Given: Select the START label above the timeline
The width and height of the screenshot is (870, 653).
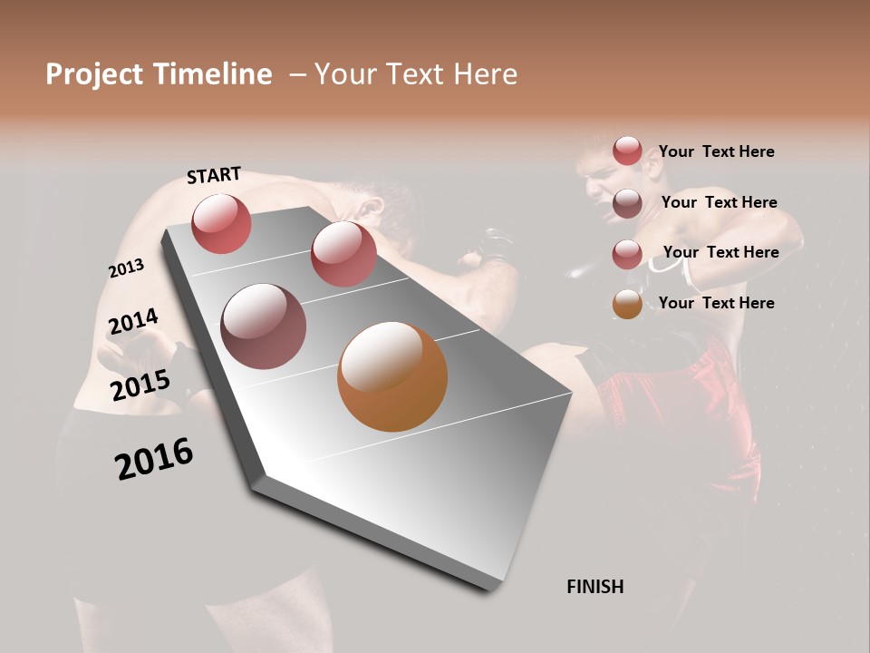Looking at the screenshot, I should tap(214, 175).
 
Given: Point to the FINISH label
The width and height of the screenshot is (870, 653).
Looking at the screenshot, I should tap(594, 587).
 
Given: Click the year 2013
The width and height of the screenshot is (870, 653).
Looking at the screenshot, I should tap(126, 268).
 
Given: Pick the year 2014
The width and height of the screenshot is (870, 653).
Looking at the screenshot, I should tap(133, 322).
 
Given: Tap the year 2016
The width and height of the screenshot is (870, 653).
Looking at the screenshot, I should tap(154, 459).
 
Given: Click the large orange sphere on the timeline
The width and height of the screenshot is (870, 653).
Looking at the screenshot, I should tap(392, 376).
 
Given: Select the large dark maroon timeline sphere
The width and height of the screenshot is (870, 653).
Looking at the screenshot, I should tap(263, 326).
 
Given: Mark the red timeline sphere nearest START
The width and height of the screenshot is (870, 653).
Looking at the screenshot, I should tap(221, 223).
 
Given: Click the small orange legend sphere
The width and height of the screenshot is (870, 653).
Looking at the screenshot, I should tap(627, 304).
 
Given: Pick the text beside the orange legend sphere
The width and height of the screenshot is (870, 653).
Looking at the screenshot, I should tap(716, 303).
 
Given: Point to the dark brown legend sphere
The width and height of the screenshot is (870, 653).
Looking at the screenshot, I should tap(627, 203).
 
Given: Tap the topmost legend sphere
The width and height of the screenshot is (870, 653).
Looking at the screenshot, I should tap(627, 151).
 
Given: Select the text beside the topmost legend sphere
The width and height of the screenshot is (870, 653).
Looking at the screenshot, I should tap(716, 151).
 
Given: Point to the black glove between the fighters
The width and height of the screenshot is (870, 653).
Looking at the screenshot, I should tap(495, 245).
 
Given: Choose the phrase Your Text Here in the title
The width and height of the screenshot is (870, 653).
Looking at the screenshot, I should tap(416, 74).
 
